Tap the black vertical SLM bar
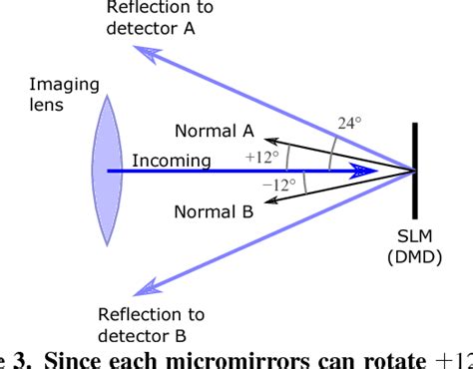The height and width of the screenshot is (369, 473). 415,172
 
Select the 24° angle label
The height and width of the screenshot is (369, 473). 347,124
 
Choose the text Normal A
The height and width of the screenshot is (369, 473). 215,131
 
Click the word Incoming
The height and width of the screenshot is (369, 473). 171,160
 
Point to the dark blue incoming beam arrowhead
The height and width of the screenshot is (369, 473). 371,171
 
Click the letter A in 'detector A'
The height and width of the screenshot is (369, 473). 187,29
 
